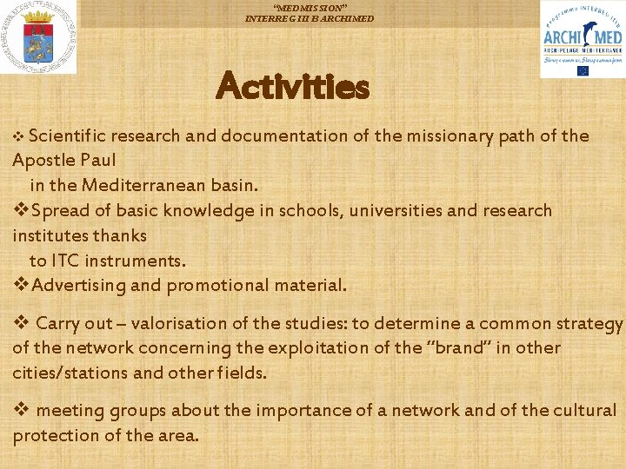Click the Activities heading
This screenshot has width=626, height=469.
[x=293, y=87]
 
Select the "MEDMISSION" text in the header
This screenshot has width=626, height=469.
[x=310, y=7]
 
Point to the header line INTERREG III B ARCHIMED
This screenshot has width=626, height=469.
[x=310, y=18]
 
